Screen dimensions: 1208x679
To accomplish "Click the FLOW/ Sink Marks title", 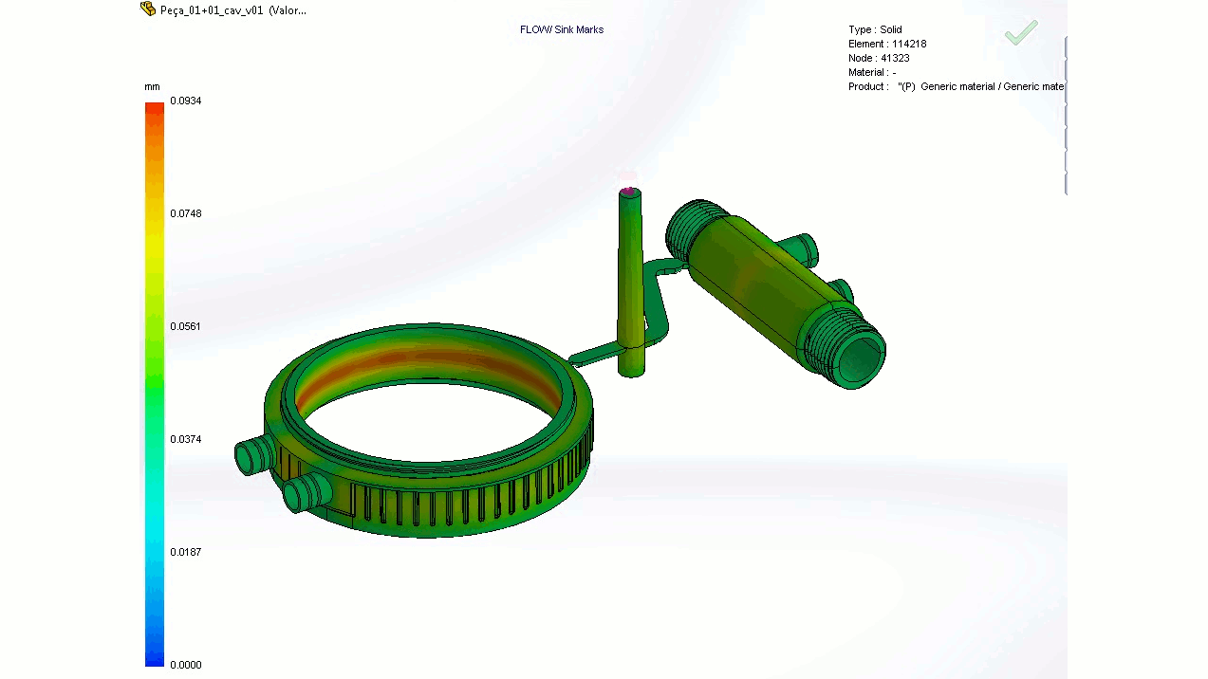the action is click(x=562, y=29).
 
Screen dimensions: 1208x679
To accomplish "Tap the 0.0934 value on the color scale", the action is click(x=185, y=101).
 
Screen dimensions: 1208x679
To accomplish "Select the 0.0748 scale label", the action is click(x=185, y=213).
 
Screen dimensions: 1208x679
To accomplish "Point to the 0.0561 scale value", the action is click(x=185, y=326).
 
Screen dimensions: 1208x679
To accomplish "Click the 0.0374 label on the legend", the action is click(x=185, y=439).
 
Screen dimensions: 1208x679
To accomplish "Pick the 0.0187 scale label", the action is click(x=185, y=552).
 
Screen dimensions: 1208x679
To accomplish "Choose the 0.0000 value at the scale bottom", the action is click(x=185, y=665).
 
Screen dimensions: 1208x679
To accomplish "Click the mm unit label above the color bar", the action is click(x=152, y=86).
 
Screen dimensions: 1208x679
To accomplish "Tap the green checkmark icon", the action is click(x=1021, y=33).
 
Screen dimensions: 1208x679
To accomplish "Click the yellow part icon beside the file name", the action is click(x=148, y=9).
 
